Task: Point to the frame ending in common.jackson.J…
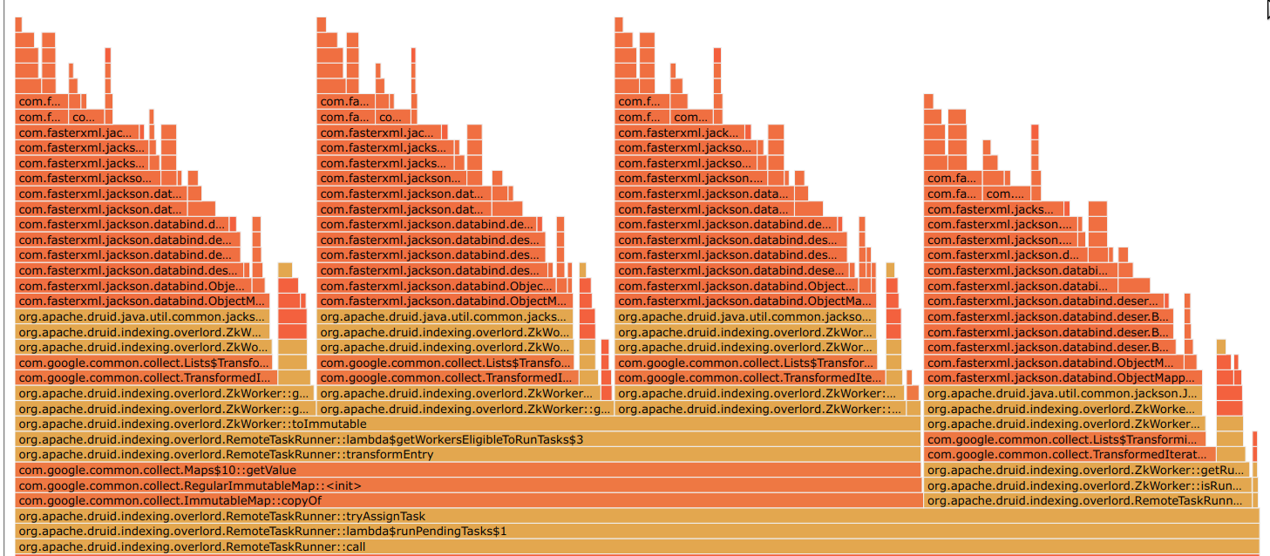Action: [x=1063, y=393]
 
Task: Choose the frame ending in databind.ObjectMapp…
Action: [x=1063, y=377]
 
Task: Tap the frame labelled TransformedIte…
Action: [x=750, y=377]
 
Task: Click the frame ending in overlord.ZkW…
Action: [x=144, y=331]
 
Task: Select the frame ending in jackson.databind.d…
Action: [x=127, y=223]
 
